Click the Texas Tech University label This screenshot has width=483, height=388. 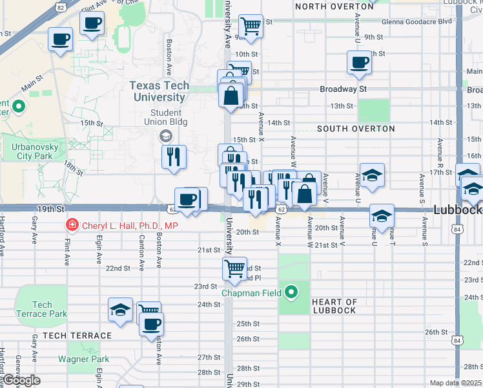click(x=159, y=91)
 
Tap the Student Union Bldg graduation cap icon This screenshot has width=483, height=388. click(x=165, y=135)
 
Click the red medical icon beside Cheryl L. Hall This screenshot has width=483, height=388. click(x=72, y=224)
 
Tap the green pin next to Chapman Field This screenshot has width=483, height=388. click(x=291, y=293)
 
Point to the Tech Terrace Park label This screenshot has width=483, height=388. click(x=42, y=309)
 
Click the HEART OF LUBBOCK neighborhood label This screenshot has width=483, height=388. click(x=334, y=306)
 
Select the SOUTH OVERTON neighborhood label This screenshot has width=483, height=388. click(x=356, y=129)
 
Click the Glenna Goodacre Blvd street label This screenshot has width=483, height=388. click(x=417, y=21)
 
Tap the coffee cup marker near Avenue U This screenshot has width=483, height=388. click(x=359, y=63)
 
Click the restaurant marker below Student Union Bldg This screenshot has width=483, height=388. click(x=173, y=157)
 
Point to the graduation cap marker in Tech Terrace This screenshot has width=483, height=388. click(x=120, y=310)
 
